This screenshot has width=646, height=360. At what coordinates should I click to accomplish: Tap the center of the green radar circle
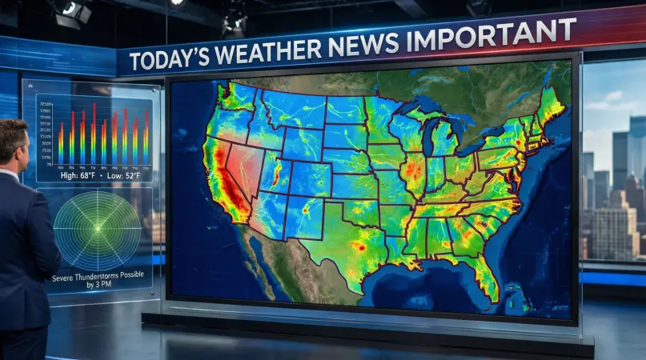(x=98, y=231)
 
